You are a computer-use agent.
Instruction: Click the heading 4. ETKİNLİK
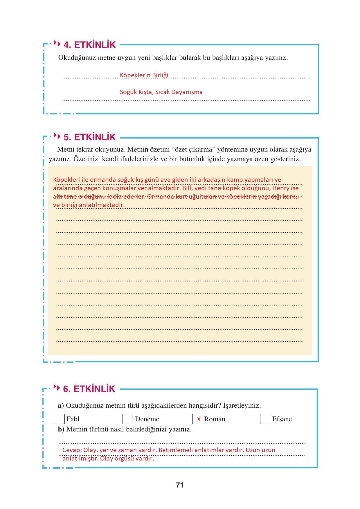89,45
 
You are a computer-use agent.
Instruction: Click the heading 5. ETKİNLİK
89,137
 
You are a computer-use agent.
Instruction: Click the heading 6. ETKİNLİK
89,389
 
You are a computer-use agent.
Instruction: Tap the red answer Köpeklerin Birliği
144,75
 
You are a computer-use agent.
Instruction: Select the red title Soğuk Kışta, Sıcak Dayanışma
161,92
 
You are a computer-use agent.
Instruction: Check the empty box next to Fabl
60,419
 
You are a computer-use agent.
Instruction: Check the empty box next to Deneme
127,419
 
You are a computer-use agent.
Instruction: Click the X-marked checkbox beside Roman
197,419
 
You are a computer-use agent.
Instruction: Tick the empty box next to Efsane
265,419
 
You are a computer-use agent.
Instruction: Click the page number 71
180,485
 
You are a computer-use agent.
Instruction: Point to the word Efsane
282,419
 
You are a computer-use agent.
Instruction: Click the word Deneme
147,419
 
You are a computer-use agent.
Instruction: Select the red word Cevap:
72,450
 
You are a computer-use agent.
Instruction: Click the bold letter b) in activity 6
61,429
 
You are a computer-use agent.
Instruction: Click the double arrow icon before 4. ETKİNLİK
57,44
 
